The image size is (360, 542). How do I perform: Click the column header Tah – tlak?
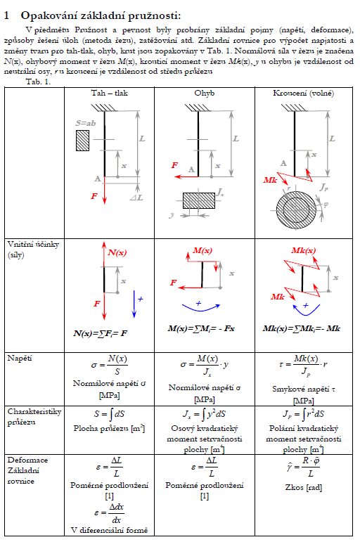pos(109,93)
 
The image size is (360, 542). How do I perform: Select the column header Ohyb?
pos(205,93)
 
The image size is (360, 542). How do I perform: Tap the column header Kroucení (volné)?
pos(303,93)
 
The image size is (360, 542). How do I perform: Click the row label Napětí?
pos(20,358)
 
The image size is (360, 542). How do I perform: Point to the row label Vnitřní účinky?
pos(33,244)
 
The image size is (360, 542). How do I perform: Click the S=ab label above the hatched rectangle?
pos(85,123)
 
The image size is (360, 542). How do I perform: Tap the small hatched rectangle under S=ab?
pos(83,141)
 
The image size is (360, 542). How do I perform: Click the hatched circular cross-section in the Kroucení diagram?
pos(296,209)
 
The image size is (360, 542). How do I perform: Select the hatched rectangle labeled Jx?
pos(199,200)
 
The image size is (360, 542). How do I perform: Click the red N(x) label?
pos(117,252)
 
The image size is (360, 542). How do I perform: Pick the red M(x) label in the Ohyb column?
pos(202,250)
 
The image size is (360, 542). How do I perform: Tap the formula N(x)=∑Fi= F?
pos(100,333)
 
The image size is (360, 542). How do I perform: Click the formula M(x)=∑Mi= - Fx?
pos(201,328)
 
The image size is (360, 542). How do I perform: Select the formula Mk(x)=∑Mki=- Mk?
pos(301,328)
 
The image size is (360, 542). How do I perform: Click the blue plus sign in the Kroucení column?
pos(305,305)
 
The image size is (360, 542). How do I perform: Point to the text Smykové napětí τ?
pos(303,389)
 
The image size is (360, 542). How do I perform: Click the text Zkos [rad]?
pos(303,487)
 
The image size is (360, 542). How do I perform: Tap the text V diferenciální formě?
pos(109,530)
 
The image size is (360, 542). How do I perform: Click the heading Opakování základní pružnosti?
pos(101,15)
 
